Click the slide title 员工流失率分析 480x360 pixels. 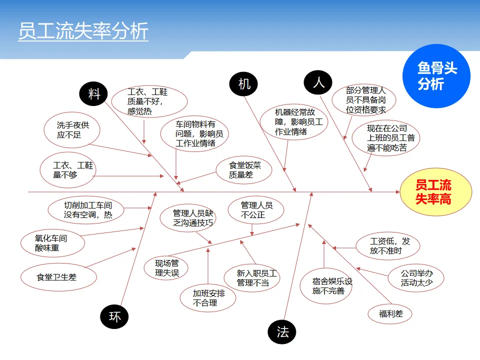(83, 31)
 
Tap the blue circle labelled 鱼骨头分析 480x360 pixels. (436, 76)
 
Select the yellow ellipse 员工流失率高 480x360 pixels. (435, 192)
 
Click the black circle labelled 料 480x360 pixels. (94, 93)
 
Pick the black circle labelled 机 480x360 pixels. (243, 83)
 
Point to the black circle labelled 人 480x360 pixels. (318, 81)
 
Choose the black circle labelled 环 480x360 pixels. (114, 316)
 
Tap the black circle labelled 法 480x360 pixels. (282, 331)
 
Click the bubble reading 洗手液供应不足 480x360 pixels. (72, 130)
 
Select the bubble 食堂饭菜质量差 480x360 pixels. (244, 170)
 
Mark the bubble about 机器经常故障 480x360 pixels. (294, 121)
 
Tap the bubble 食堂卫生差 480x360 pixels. (58, 276)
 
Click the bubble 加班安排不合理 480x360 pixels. (208, 298)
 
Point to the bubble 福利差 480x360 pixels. (390, 314)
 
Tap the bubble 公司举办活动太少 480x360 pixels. (416, 278)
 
